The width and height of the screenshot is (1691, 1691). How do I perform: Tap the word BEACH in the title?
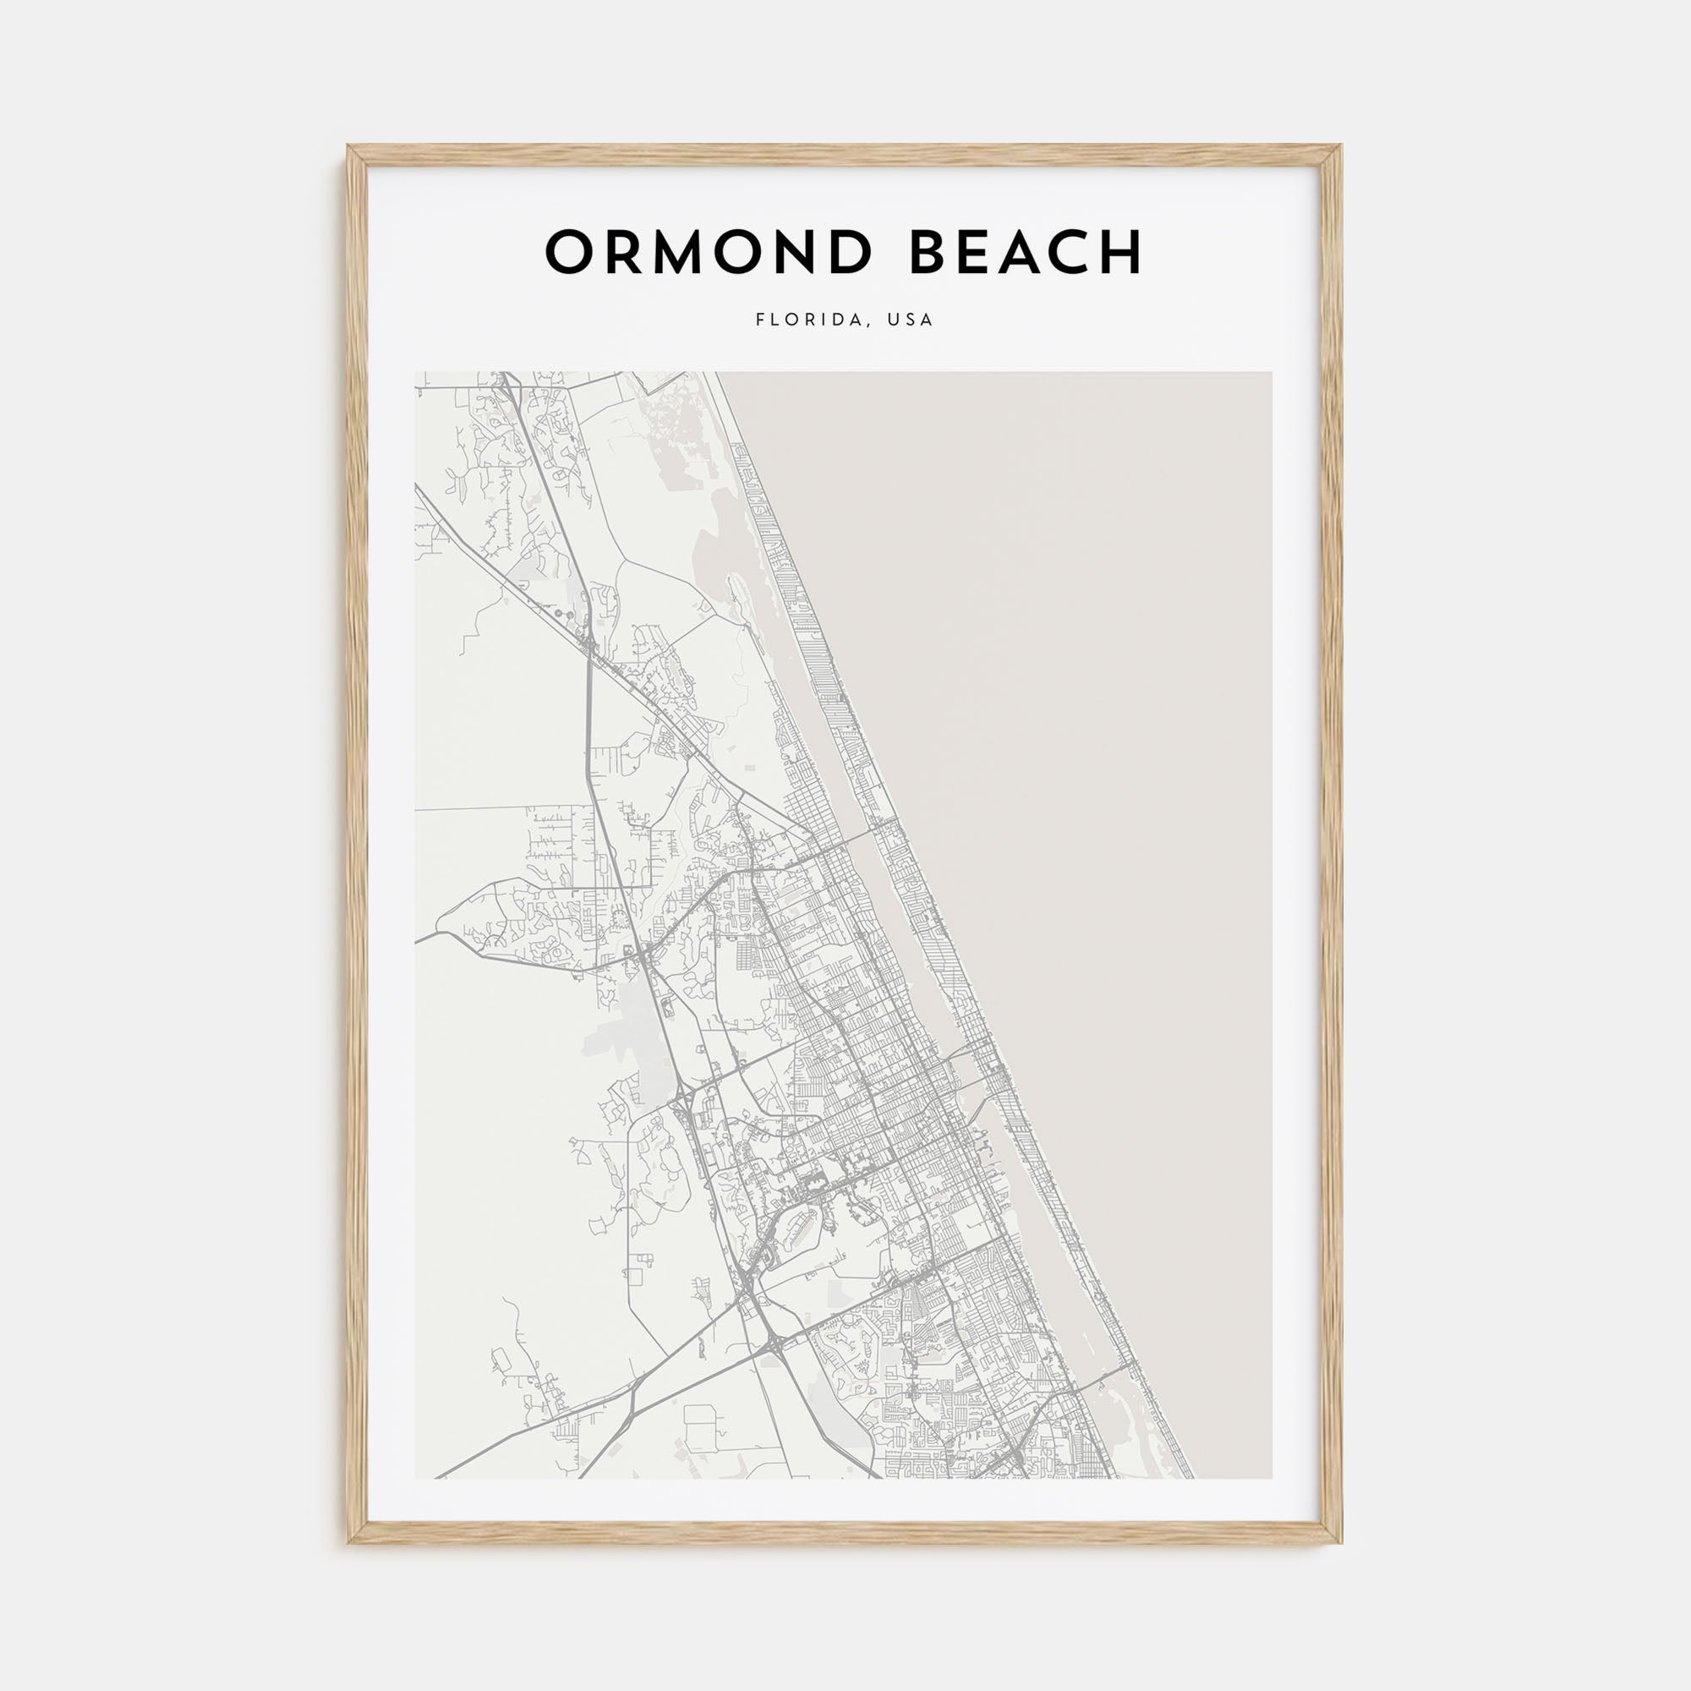tap(1025, 252)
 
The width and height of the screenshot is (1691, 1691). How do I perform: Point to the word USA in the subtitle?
tap(911, 320)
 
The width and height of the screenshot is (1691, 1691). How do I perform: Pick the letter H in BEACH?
tap(1122, 252)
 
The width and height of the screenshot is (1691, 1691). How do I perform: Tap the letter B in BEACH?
tap(929, 252)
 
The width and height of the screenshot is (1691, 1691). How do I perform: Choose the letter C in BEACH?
tap(1074, 252)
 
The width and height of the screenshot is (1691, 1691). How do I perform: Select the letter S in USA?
tap(911, 320)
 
